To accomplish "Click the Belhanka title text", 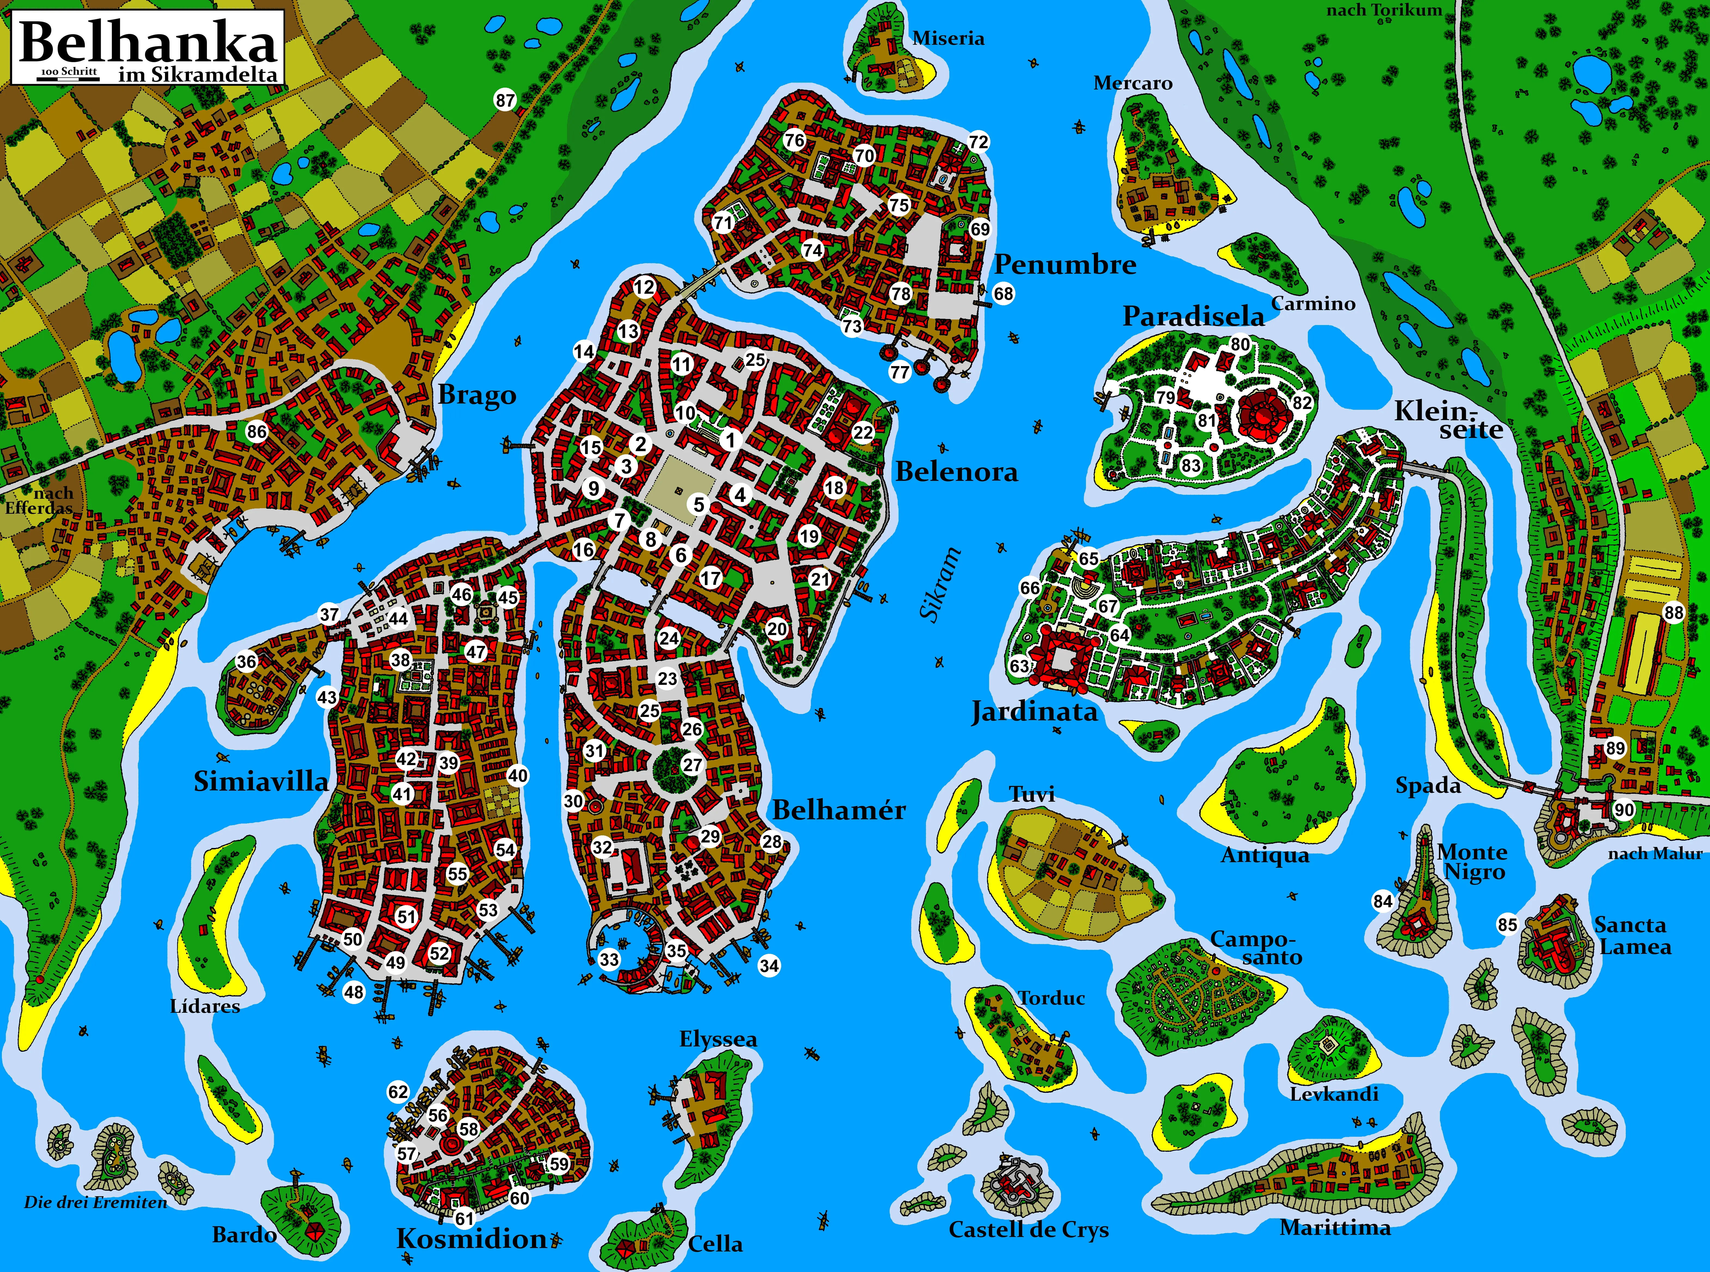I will point(148,42).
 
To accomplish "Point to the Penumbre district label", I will point(1065,265).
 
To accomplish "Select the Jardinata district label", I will point(1034,711).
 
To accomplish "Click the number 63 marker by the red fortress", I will point(1019,666).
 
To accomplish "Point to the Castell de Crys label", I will point(1029,1230).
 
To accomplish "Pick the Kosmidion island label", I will point(471,1239).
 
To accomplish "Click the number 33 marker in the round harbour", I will point(609,960).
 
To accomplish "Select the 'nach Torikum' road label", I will point(1384,10).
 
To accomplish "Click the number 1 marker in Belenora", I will point(731,440).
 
